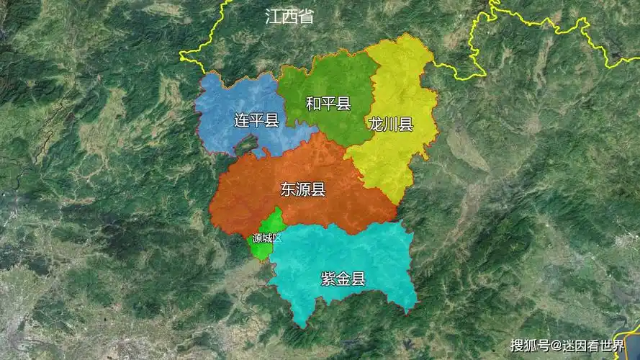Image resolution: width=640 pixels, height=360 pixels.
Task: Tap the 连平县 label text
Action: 256,120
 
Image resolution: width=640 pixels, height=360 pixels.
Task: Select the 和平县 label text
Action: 328,104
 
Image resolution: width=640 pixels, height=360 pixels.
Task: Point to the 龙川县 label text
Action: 390,124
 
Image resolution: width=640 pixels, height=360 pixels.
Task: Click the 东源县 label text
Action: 303,189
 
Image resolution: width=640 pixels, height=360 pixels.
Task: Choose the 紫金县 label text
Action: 343,279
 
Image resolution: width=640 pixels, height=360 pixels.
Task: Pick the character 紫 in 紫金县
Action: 328,279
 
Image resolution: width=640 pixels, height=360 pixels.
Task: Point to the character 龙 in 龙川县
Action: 375,124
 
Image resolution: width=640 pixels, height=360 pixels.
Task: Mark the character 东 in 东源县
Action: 288,189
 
